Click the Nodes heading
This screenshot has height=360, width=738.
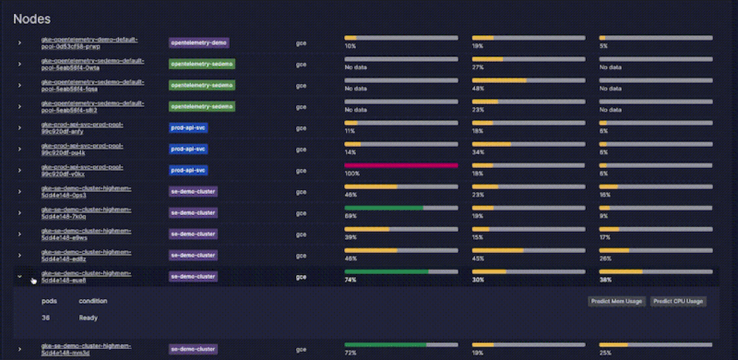pyautogui.click(x=32, y=19)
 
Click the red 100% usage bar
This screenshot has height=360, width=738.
pyautogui.click(x=401, y=165)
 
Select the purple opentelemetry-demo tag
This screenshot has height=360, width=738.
pyautogui.click(x=199, y=43)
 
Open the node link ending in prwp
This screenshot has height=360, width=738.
pyautogui.click(x=89, y=43)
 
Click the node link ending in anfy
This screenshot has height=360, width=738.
pyautogui.click(x=82, y=128)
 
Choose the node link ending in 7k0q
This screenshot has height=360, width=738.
pyautogui.click(x=86, y=213)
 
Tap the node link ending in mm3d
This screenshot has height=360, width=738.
pyautogui.click(x=86, y=349)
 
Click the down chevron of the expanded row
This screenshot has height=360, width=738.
pyautogui.click(x=20, y=276)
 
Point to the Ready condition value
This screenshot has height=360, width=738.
pyautogui.click(x=88, y=317)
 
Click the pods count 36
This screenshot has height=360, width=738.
pyautogui.click(x=45, y=317)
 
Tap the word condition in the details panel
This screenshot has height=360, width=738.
pyautogui.click(x=93, y=301)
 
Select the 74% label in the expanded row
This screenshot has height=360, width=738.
pyautogui.click(x=350, y=280)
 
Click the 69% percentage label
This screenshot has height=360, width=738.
pyautogui.click(x=350, y=216)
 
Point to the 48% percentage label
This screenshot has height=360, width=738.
pyautogui.click(x=478, y=88)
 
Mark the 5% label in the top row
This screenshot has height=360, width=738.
pyautogui.click(x=603, y=46)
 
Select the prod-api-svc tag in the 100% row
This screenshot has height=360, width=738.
pyautogui.click(x=189, y=170)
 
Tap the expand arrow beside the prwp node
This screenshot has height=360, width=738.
pyautogui.click(x=20, y=43)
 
